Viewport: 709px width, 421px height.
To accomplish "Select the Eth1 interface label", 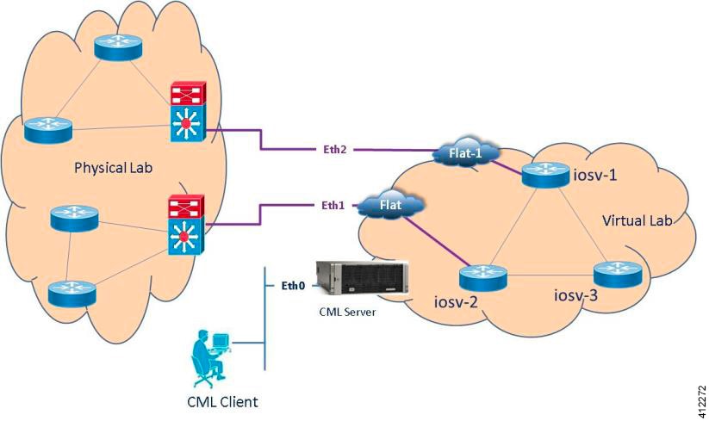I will (333, 205).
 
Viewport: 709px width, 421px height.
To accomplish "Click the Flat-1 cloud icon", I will (464, 155).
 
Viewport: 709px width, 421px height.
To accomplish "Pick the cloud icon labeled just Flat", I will (392, 206).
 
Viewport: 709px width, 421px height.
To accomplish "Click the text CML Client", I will (222, 402).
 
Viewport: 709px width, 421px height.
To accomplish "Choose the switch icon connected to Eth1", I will (185, 226).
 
